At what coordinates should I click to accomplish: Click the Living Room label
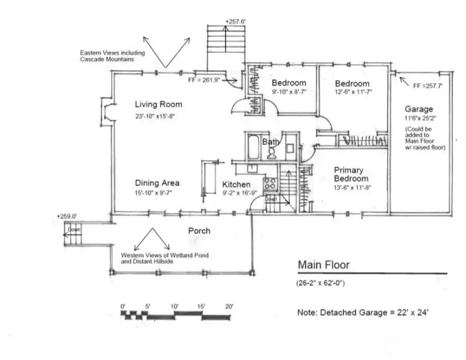coord(158,104)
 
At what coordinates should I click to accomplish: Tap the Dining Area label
coord(157,183)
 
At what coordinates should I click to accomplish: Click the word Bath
coord(271,142)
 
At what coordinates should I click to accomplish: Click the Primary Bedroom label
coord(351,174)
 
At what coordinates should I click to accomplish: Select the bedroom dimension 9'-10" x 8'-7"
coord(288,93)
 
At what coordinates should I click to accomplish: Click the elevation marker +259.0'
coord(67,216)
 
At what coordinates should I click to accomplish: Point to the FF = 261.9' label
coord(204,80)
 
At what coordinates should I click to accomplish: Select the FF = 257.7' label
coord(427,85)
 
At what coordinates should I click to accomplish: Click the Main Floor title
coord(324,265)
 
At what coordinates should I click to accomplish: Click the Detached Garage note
coord(362,312)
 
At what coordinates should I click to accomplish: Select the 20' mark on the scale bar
coord(228,305)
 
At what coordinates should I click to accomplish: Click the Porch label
coord(199,231)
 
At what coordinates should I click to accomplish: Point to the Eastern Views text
coord(107,55)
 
